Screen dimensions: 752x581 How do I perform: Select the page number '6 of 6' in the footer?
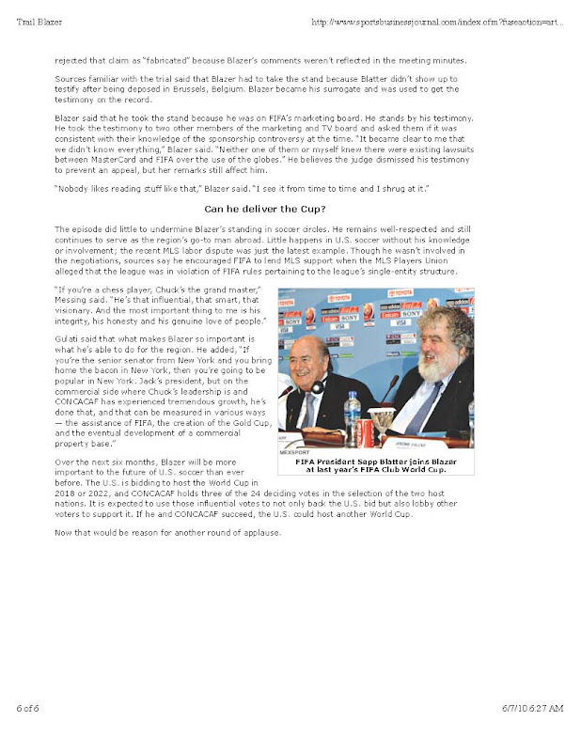coord(29,733)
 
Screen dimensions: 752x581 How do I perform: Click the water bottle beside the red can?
coord(352,415)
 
